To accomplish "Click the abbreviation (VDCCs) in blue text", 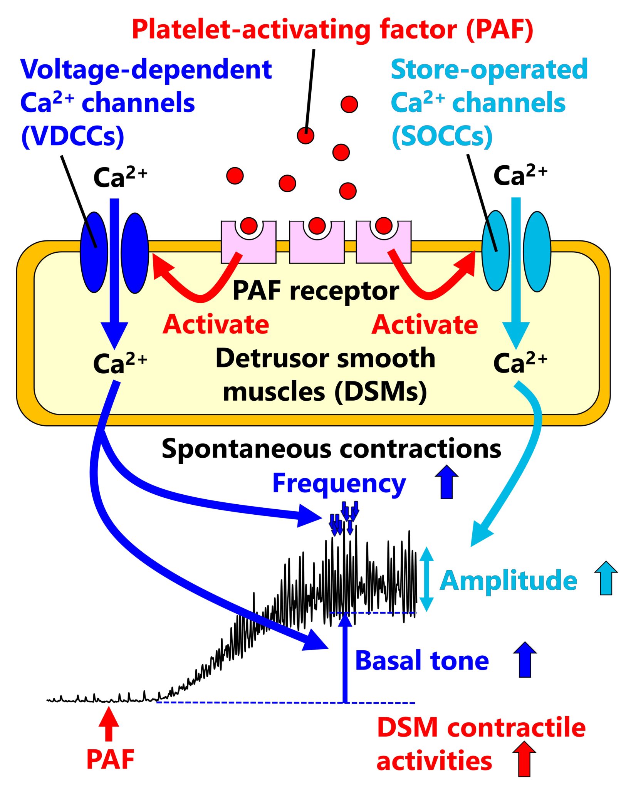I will click(x=72, y=136).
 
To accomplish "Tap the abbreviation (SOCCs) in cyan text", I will click(x=442, y=136).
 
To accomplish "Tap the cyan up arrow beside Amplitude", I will click(x=606, y=578).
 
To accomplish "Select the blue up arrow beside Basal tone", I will click(x=524, y=660).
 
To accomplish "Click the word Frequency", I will click(x=339, y=483).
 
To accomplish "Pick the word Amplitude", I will click(x=508, y=581).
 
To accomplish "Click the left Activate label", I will click(x=215, y=324).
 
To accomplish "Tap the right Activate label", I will click(x=425, y=324).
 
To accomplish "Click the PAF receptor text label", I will click(x=316, y=291).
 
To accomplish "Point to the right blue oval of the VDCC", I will click(x=135, y=253).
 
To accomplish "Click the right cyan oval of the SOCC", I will click(x=537, y=251).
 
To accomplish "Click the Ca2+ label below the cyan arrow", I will click(x=520, y=363).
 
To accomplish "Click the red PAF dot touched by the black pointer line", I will click(x=305, y=135).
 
